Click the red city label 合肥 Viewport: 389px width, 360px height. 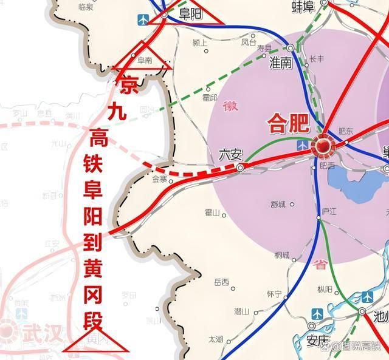(x=289, y=124)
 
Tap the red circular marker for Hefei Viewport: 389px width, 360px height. (x=322, y=146)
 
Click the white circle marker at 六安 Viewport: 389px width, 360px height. (x=241, y=167)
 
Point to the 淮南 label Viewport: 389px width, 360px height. (x=281, y=63)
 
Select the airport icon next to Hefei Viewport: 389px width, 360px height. (x=303, y=146)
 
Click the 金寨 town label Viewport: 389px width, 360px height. (x=159, y=179)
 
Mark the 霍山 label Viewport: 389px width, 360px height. (x=213, y=212)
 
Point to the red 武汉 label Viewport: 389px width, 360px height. (x=40, y=333)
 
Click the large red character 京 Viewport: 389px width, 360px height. (x=128, y=85)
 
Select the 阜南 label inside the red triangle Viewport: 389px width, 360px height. (x=144, y=59)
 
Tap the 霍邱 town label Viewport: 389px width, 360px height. (x=210, y=97)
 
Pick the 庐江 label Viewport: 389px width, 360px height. (x=329, y=211)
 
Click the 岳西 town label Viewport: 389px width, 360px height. (x=221, y=282)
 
